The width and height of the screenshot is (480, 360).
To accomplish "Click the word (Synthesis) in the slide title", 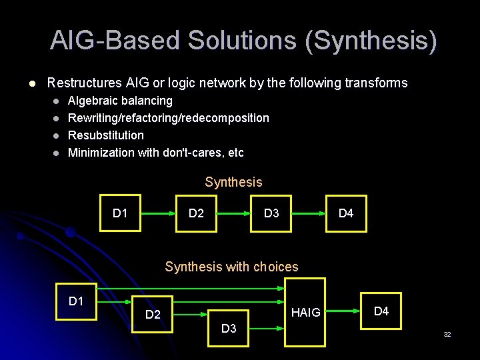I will (371, 41).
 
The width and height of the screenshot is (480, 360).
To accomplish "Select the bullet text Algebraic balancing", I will (120, 101).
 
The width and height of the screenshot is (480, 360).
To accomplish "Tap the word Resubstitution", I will (106, 135).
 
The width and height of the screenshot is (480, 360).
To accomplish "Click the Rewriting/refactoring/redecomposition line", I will (169, 118).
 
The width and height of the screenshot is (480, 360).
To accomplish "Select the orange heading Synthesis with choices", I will (231, 267).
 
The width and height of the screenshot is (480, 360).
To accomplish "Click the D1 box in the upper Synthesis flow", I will (120, 213).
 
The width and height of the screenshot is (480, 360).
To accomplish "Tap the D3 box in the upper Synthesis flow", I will (271, 213).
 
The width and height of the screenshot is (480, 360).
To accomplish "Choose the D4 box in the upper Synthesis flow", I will (346, 213).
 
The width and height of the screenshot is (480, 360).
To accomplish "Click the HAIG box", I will (305, 312).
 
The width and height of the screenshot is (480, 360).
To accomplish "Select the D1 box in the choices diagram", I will (76, 301).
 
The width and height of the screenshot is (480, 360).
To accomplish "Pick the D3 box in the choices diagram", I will (229, 328).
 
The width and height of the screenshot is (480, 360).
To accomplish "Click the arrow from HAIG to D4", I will (343, 311).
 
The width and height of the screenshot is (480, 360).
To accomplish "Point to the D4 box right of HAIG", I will (381, 311).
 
